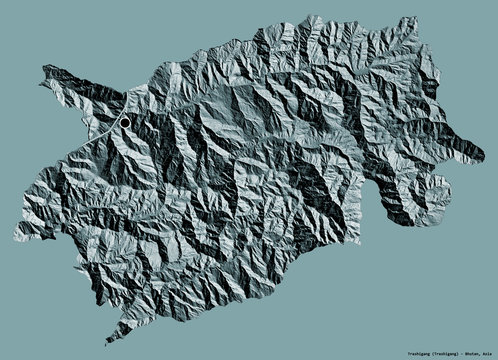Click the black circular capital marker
tap(125, 121)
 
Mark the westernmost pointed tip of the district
tap(41, 70)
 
